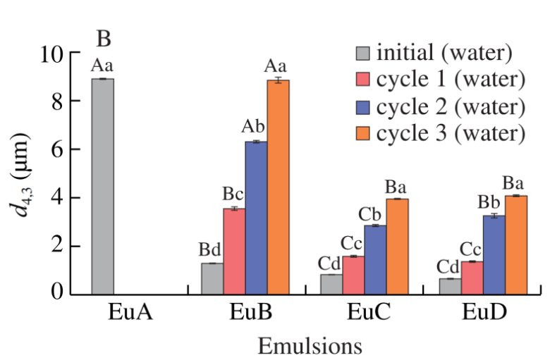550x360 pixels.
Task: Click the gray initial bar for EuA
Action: pyautogui.click(x=102, y=186)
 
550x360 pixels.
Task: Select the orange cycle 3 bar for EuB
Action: pyautogui.click(x=278, y=187)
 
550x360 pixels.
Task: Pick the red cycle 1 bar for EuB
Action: pyautogui.click(x=234, y=250)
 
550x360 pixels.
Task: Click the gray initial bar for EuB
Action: pyautogui.click(x=212, y=278)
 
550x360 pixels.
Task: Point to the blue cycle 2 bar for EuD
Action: pyautogui.click(x=494, y=254)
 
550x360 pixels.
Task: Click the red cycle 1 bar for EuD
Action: pyautogui.click(x=472, y=277)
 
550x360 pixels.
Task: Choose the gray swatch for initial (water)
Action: pyautogui.click(x=363, y=54)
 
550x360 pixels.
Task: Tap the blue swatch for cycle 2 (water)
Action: pyautogui.click(x=363, y=107)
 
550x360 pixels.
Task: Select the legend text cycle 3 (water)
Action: pyautogui.click(x=451, y=133)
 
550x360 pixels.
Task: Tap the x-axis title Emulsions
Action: pyautogui.click(x=310, y=346)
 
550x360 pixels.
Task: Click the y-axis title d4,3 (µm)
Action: pyautogui.click(x=28, y=173)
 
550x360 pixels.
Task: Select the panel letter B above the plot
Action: pyautogui.click(x=104, y=36)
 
